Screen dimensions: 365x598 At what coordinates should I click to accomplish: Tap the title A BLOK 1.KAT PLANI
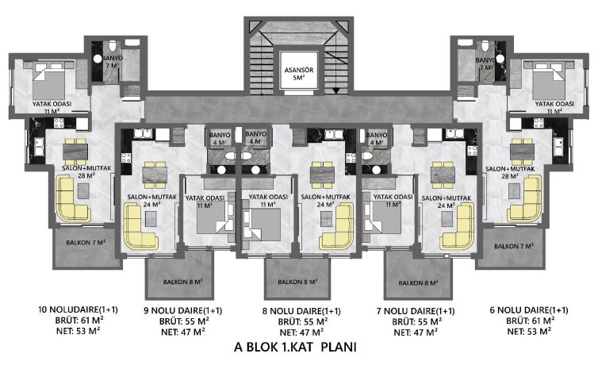click(296, 347)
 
